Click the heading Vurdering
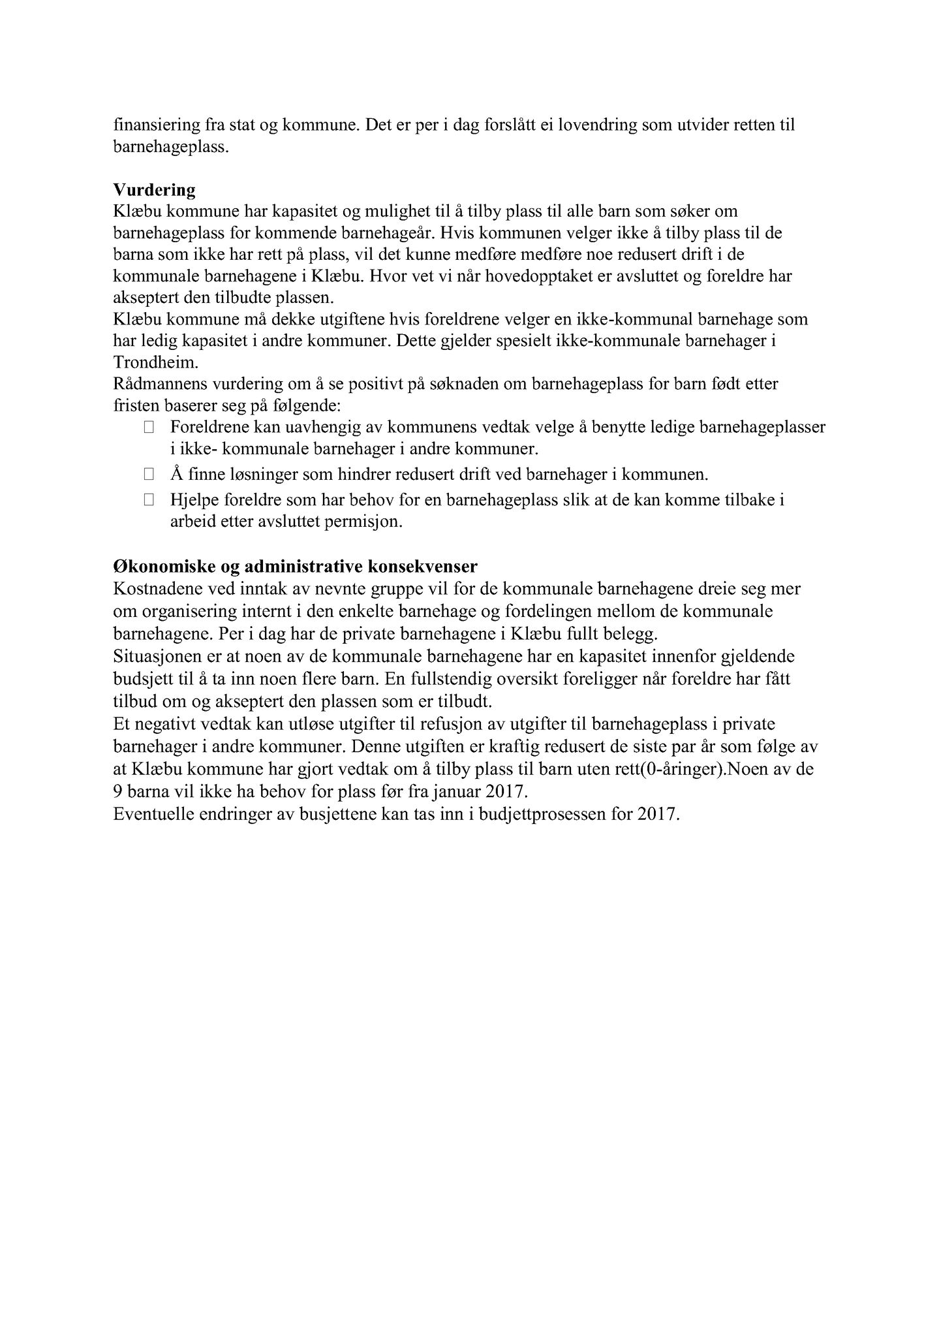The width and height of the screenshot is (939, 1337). (x=154, y=190)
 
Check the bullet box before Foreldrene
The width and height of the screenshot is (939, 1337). (x=149, y=428)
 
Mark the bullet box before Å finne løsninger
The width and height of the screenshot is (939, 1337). (x=149, y=474)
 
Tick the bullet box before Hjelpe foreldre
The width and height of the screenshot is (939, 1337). (x=149, y=500)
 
